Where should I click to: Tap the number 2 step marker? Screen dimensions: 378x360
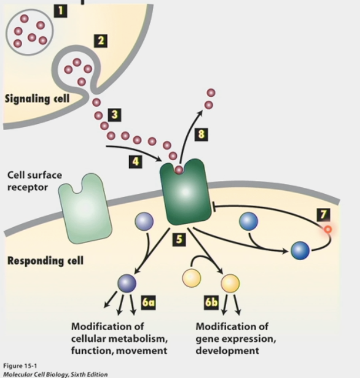point(101,41)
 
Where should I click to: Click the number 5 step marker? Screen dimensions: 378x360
point(179,240)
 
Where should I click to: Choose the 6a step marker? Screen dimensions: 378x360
point(148,303)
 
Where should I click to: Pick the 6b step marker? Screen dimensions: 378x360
point(211,303)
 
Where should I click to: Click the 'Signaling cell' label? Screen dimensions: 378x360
point(37,98)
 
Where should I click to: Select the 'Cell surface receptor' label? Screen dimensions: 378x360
point(34,180)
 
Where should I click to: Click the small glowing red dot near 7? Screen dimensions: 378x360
point(327,229)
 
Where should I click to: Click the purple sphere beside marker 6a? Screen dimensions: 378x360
point(127,282)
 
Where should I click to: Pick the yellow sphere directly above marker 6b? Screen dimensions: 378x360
point(230,283)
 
